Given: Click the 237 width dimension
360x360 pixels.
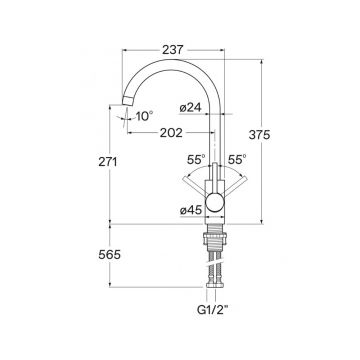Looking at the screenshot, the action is coord(173,50).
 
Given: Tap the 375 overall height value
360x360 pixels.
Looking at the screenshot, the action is coord(259,135).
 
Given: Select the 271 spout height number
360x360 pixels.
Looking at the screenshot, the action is coord(108,162).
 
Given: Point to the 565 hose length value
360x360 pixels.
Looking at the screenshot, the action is coord(109,255).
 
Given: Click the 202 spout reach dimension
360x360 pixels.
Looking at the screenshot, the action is coord(171,133).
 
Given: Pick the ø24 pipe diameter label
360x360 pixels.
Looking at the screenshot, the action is coord(190,108).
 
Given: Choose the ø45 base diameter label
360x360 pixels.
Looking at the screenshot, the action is coord(191,210).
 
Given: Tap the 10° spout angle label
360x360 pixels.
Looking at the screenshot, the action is coord(144,116).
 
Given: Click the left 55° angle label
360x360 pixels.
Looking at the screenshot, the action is coord(196,160).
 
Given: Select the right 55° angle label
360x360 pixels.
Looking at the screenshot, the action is coord(237,160).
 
